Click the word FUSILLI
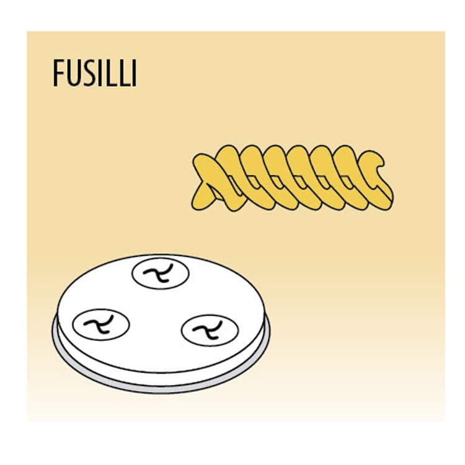tap(95, 73)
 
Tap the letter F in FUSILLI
tap(58, 73)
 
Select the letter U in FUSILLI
tap(73, 73)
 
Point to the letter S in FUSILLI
tap(89, 73)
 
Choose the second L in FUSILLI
tap(125, 73)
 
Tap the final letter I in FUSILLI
tap(135, 73)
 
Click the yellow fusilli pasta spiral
tap(293, 178)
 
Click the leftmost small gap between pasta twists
tap(231, 178)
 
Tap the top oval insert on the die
tap(160, 273)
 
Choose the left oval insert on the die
tap(101, 324)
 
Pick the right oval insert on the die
tap(210, 330)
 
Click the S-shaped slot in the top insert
tap(158, 273)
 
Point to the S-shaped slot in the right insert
tap(208, 330)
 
